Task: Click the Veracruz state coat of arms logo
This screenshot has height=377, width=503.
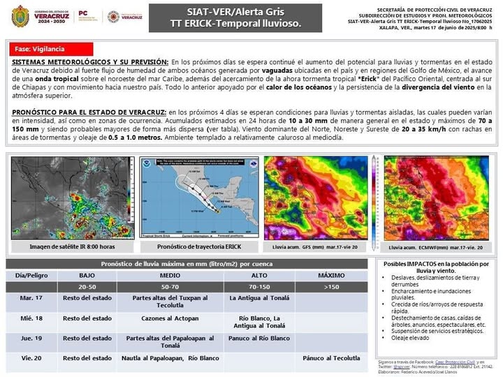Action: [22, 15]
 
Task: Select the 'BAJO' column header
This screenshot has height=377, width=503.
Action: [87, 276]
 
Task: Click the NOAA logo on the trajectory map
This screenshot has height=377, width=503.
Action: [149, 165]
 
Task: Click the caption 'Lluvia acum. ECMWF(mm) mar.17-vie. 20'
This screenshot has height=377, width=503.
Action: [440, 247]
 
